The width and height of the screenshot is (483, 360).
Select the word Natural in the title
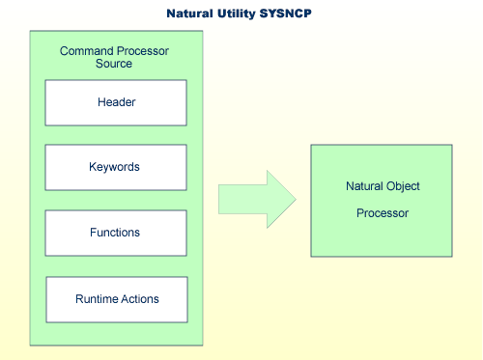click(192, 14)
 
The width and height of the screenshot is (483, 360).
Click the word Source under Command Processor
click(114, 64)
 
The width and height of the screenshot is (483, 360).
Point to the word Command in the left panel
click(85, 50)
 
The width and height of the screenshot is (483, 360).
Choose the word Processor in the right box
click(381, 212)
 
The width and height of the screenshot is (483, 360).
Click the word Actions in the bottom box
click(140, 299)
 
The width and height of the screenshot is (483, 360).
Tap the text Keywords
click(115, 167)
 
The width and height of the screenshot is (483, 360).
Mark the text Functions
click(115, 233)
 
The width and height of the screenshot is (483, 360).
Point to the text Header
click(116, 102)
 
